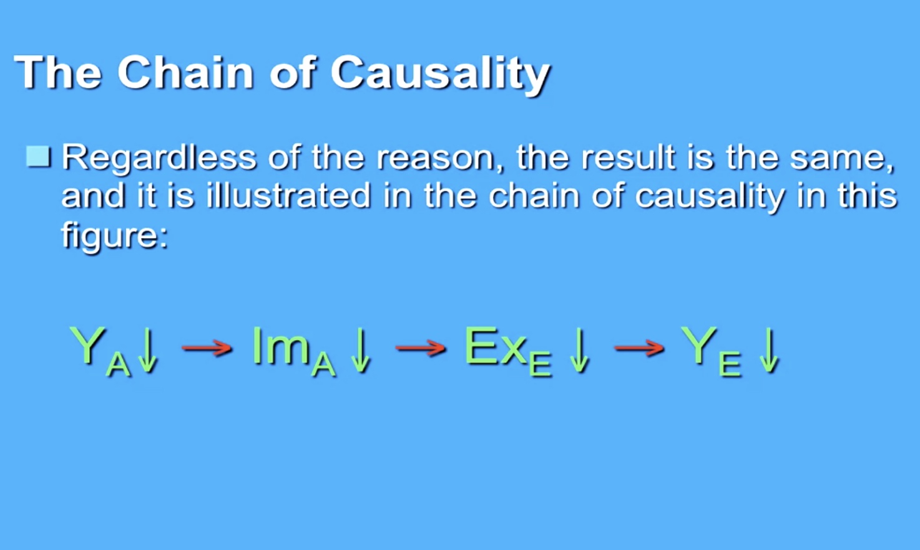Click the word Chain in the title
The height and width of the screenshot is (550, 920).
tap(185, 72)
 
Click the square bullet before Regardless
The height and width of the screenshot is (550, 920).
tap(39, 157)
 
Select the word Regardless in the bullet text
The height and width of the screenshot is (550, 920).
tap(159, 158)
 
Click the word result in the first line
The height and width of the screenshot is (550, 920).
tap(629, 157)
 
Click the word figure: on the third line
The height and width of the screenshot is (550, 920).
tap(115, 235)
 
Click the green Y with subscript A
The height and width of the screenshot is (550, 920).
tap(100, 351)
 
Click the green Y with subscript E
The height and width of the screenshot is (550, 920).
tap(711, 351)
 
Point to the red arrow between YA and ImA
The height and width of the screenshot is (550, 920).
tap(207, 348)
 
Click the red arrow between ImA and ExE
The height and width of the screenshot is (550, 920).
tap(420, 348)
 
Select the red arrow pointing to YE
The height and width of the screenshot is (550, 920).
tap(639, 348)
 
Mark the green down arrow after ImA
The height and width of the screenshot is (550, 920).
tap(361, 351)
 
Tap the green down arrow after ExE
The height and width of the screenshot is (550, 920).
tap(579, 351)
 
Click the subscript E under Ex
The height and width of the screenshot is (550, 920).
tap(540, 365)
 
